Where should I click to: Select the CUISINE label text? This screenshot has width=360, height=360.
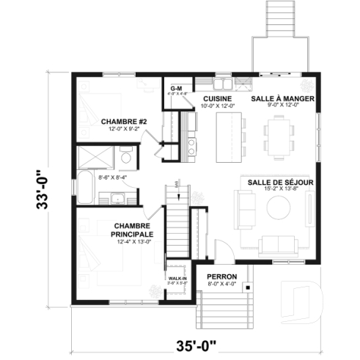click(218, 98)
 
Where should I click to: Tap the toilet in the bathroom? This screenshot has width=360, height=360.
click(126, 159)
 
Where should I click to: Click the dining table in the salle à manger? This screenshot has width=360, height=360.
click(279, 139)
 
